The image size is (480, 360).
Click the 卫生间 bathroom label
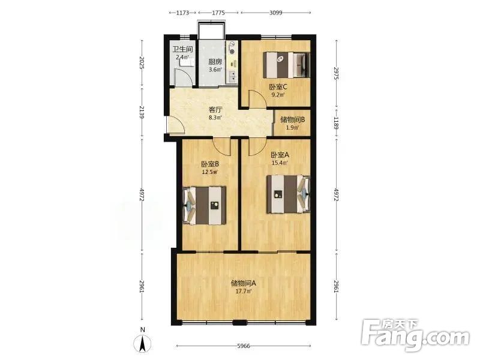point(182,49)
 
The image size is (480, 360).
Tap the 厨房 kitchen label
point(215,62)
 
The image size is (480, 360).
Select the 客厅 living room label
point(215,110)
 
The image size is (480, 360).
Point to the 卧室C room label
point(278,87)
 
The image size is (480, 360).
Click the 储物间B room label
point(293,119)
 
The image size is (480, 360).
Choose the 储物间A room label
point(244,283)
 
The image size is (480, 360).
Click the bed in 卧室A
point(288,194)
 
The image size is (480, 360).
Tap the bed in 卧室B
point(205,205)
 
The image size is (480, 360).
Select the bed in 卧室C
point(287,65)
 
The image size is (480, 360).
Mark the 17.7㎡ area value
point(244,292)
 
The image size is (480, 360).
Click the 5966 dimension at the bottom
point(244,346)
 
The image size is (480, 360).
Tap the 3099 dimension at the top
point(276,13)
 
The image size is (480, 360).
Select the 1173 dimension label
point(182,13)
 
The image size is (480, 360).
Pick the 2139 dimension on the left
point(142,112)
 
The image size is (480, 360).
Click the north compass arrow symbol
point(142,343)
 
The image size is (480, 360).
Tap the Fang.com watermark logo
point(415,336)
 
